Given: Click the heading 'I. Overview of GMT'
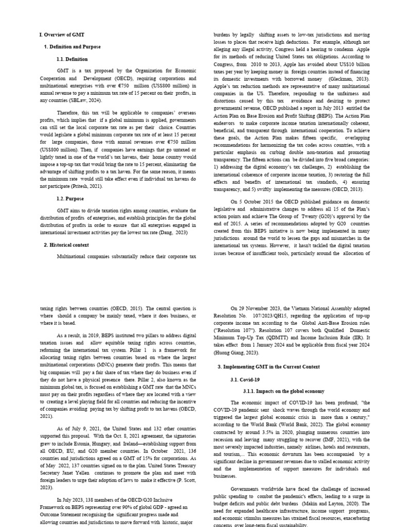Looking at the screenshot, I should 62,34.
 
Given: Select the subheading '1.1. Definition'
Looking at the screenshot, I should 72,59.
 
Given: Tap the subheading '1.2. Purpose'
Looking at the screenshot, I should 70,198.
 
